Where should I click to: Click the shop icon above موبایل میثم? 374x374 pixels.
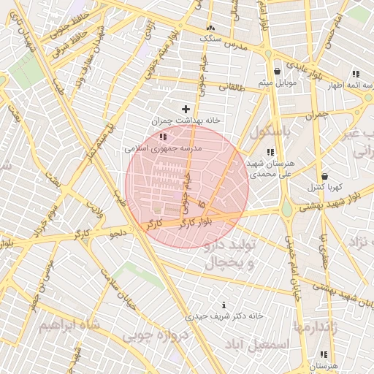[x=278, y=72]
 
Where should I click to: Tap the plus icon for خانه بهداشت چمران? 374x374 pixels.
[x=186, y=109]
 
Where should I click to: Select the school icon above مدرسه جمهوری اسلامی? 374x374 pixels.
[x=163, y=137]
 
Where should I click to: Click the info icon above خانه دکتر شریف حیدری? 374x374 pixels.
[x=224, y=305]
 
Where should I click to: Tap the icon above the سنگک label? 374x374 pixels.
[x=211, y=27]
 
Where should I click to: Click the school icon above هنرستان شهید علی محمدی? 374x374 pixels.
[x=270, y=152]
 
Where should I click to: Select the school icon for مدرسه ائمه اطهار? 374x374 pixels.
[x=356, y=74]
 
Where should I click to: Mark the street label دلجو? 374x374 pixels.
[x=118, y=234]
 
